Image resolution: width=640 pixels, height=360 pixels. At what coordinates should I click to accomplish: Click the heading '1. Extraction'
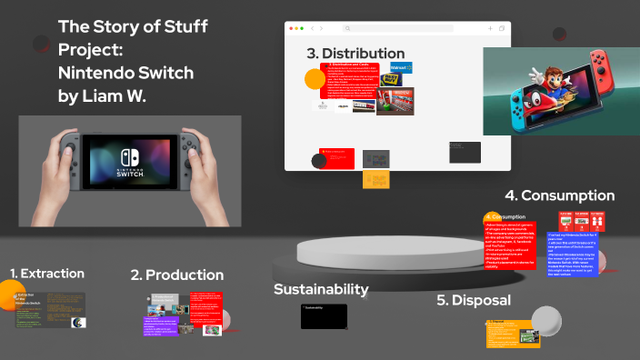tap(47, 273)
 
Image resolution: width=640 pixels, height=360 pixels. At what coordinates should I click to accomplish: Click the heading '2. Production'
tap(176, 275)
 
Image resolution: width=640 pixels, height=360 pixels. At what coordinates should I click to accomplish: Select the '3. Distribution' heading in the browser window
tap(355, 54)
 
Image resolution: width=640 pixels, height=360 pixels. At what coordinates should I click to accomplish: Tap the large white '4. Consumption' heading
tap(560, 195)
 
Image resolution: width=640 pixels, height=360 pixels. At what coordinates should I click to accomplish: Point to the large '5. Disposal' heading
tap(474, 300)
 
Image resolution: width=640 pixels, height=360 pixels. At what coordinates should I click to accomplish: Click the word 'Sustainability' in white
tap(321, 289)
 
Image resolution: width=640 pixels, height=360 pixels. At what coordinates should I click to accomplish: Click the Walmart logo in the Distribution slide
tap(401, 67)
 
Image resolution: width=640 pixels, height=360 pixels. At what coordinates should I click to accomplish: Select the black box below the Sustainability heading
tap(324, 315)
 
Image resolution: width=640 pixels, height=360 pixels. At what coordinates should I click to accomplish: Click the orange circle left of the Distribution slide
tap(315, 79)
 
